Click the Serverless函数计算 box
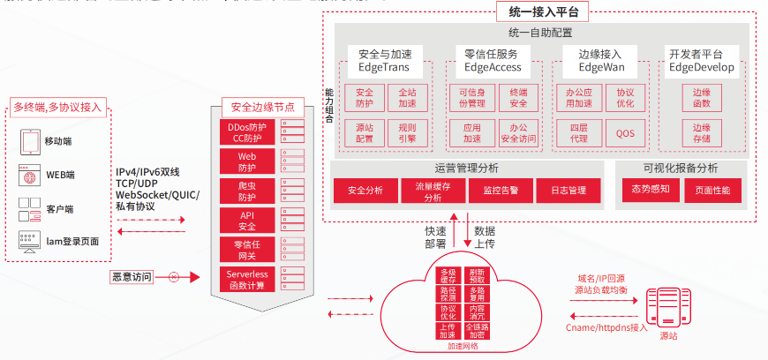[247, 279]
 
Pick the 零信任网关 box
[247, 250]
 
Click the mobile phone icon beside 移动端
[27, 140]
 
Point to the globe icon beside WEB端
[27, 176]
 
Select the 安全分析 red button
[365, 191]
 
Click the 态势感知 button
[651, 189]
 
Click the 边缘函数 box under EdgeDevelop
[702, 98]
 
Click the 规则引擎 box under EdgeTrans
[407, 133]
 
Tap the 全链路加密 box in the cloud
[477, 332]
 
